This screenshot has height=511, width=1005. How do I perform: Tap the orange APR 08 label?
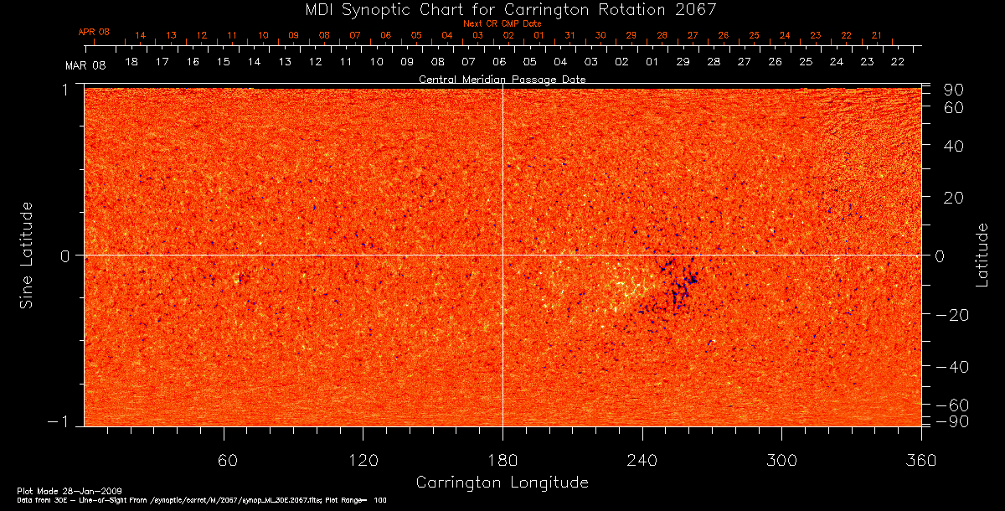tap(94, 32)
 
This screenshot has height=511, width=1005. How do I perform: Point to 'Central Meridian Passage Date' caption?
tap(502, 79)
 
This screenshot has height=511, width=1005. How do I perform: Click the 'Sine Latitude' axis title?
tap(27, 255)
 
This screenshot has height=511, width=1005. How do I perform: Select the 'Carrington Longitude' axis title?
tap(502, 483)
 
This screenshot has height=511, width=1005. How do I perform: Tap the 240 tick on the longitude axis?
tap(642, 460)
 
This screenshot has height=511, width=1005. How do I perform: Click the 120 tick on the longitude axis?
tap(363, 460)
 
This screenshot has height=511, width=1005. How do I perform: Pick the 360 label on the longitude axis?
tap(921, 460)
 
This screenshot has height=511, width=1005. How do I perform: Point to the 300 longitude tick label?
tap(781, 460)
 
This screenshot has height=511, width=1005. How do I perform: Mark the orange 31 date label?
tap(569, 36)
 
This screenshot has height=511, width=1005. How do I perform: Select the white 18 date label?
tap(131, 62)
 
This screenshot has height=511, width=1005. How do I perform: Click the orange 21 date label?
tap(877, 36)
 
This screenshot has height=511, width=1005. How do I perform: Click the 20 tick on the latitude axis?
tap(954, 197)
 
